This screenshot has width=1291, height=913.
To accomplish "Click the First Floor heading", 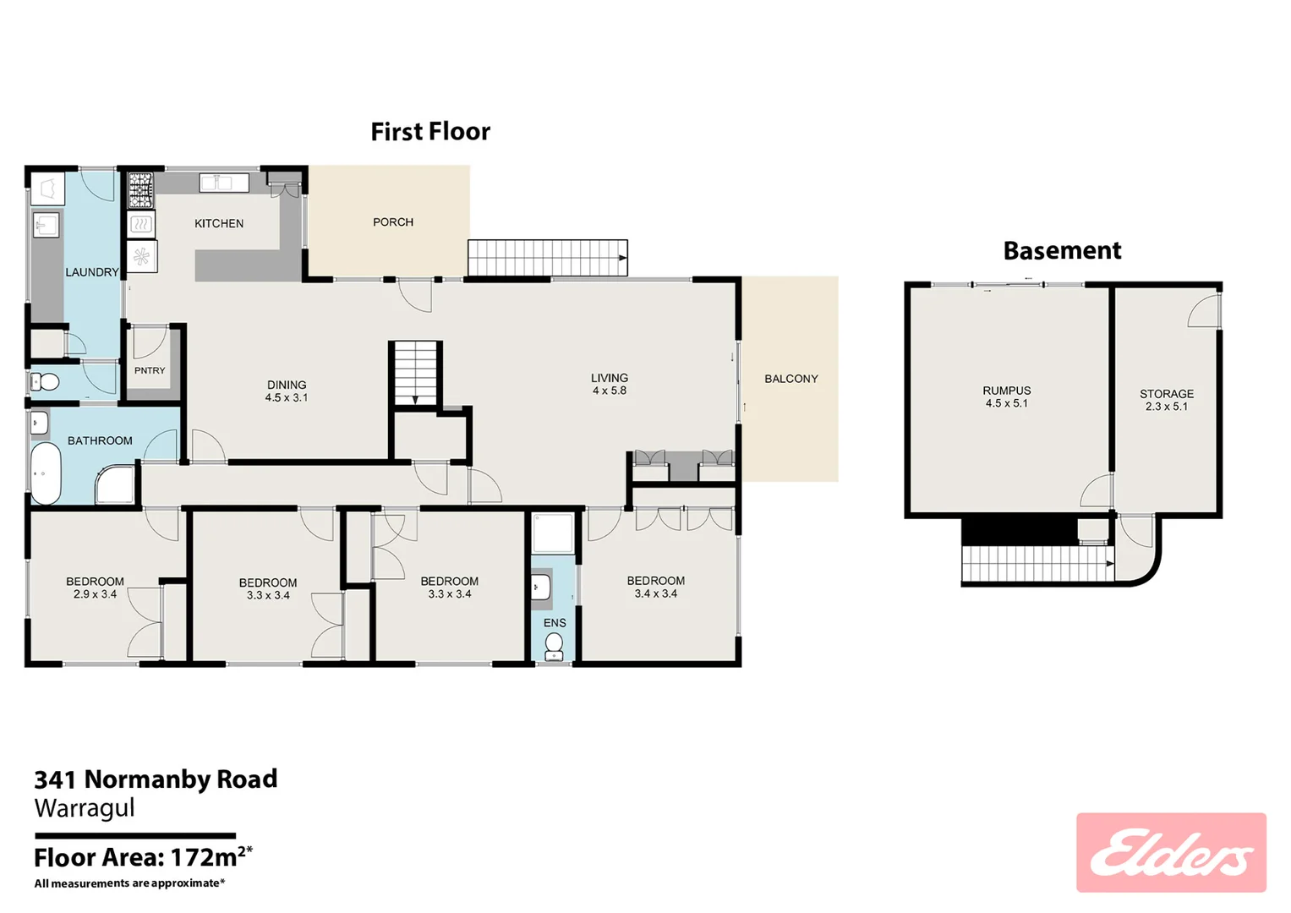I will tap(430, 132).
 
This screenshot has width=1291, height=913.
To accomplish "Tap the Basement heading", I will tap(1062, 251).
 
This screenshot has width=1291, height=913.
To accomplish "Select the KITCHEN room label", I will tap(219, 223).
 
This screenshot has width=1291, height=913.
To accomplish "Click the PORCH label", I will tap(393, 222).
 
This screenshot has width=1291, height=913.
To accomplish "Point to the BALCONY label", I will tap(791, 379).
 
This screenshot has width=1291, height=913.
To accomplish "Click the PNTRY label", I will tap(150, 370).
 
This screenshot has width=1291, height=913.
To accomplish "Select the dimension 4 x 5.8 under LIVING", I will tap(610, 391).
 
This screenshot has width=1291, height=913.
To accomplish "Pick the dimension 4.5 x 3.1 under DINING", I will tap(287, 397).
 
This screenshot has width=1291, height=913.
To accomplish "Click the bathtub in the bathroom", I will tap(46, 473).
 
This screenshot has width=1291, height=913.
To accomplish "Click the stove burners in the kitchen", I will tap(140, 190).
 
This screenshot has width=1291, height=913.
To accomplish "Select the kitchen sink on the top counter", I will tap(223, 183).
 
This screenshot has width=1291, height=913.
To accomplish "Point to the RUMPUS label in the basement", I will tap(1006, 391).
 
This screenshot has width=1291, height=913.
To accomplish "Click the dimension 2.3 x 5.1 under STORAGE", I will tap(1167, 407).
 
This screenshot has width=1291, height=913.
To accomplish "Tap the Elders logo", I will tap(1171, 853).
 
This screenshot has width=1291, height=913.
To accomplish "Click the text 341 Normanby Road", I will tap(156, 779).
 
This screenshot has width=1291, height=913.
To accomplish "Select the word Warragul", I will tap(85, 808).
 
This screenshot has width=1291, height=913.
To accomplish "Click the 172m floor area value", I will tap(204, 857).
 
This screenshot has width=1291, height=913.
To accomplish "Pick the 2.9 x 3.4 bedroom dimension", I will tap(95, 594).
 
